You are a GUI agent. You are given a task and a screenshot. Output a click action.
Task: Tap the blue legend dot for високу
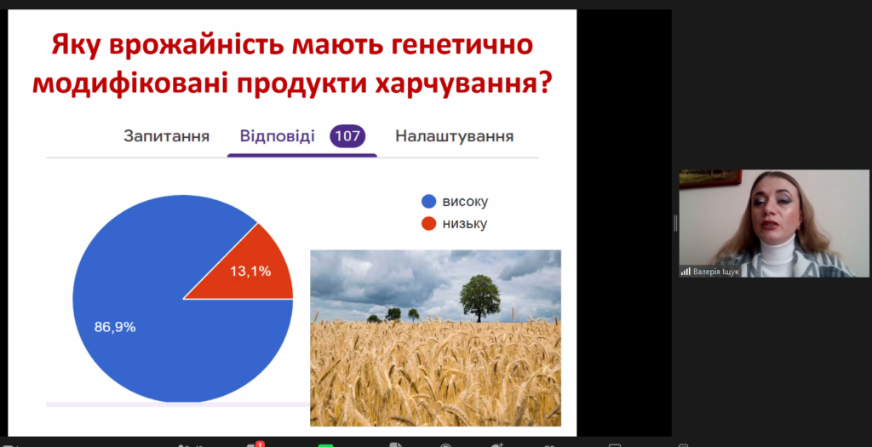coord(429,201)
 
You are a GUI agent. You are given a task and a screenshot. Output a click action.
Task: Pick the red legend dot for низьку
coord(429,223)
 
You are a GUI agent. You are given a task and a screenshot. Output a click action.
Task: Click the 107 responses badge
coord(347,136)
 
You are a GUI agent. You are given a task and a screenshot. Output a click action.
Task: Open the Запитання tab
coord(166,136)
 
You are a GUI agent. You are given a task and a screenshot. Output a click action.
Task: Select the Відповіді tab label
coord(277,136)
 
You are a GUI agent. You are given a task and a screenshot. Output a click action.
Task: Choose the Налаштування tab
coord(455,136)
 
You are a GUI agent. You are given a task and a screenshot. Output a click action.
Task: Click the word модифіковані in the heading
coord(130,83)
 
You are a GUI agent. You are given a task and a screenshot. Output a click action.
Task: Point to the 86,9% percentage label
coord(115,327)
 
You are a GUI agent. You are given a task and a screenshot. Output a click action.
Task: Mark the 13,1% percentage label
coord(250,272)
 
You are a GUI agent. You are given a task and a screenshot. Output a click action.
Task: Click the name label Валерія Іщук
coord(716,272)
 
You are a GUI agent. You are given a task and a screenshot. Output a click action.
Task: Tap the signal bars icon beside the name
coord(686,272)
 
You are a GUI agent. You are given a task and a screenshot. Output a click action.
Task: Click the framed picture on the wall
coord(710,179)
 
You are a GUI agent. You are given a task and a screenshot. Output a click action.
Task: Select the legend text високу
coord(466,201)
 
